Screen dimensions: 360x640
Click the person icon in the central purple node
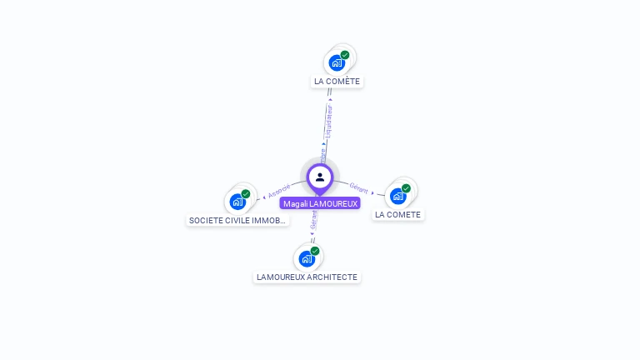320,177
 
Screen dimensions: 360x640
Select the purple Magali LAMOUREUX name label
320,203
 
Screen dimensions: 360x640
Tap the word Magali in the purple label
295,203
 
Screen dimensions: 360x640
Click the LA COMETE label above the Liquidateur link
337,82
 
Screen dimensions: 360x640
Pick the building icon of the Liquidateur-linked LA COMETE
337,62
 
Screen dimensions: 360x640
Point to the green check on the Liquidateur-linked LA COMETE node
345,55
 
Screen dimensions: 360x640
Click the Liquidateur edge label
329,120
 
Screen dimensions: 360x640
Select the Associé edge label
279,190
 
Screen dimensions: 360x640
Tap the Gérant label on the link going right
359,188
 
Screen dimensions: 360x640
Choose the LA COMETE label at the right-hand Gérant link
397,215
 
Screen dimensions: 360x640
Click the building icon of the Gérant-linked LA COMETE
397,196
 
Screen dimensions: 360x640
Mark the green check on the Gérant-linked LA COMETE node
406,188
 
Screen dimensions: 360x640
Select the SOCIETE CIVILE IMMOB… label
237,221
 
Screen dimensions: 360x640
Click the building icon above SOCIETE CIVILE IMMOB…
237,202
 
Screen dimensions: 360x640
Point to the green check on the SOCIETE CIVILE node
246,194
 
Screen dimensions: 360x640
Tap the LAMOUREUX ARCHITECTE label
307,277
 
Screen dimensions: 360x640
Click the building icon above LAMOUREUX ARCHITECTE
307,258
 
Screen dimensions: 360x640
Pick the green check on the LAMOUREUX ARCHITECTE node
315,251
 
